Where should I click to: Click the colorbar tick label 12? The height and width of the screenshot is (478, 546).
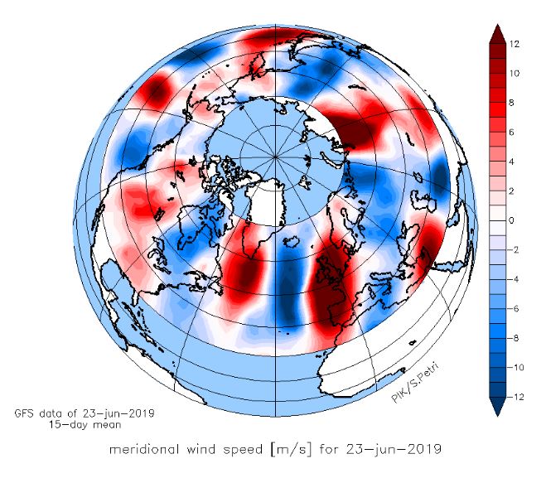[x=515, y=44]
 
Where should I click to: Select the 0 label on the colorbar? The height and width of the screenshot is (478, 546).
[x=514, y=220]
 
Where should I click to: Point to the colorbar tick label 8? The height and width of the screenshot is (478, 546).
[x=515, y=103]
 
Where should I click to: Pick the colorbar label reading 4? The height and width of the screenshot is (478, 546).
[x=515, y=162]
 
